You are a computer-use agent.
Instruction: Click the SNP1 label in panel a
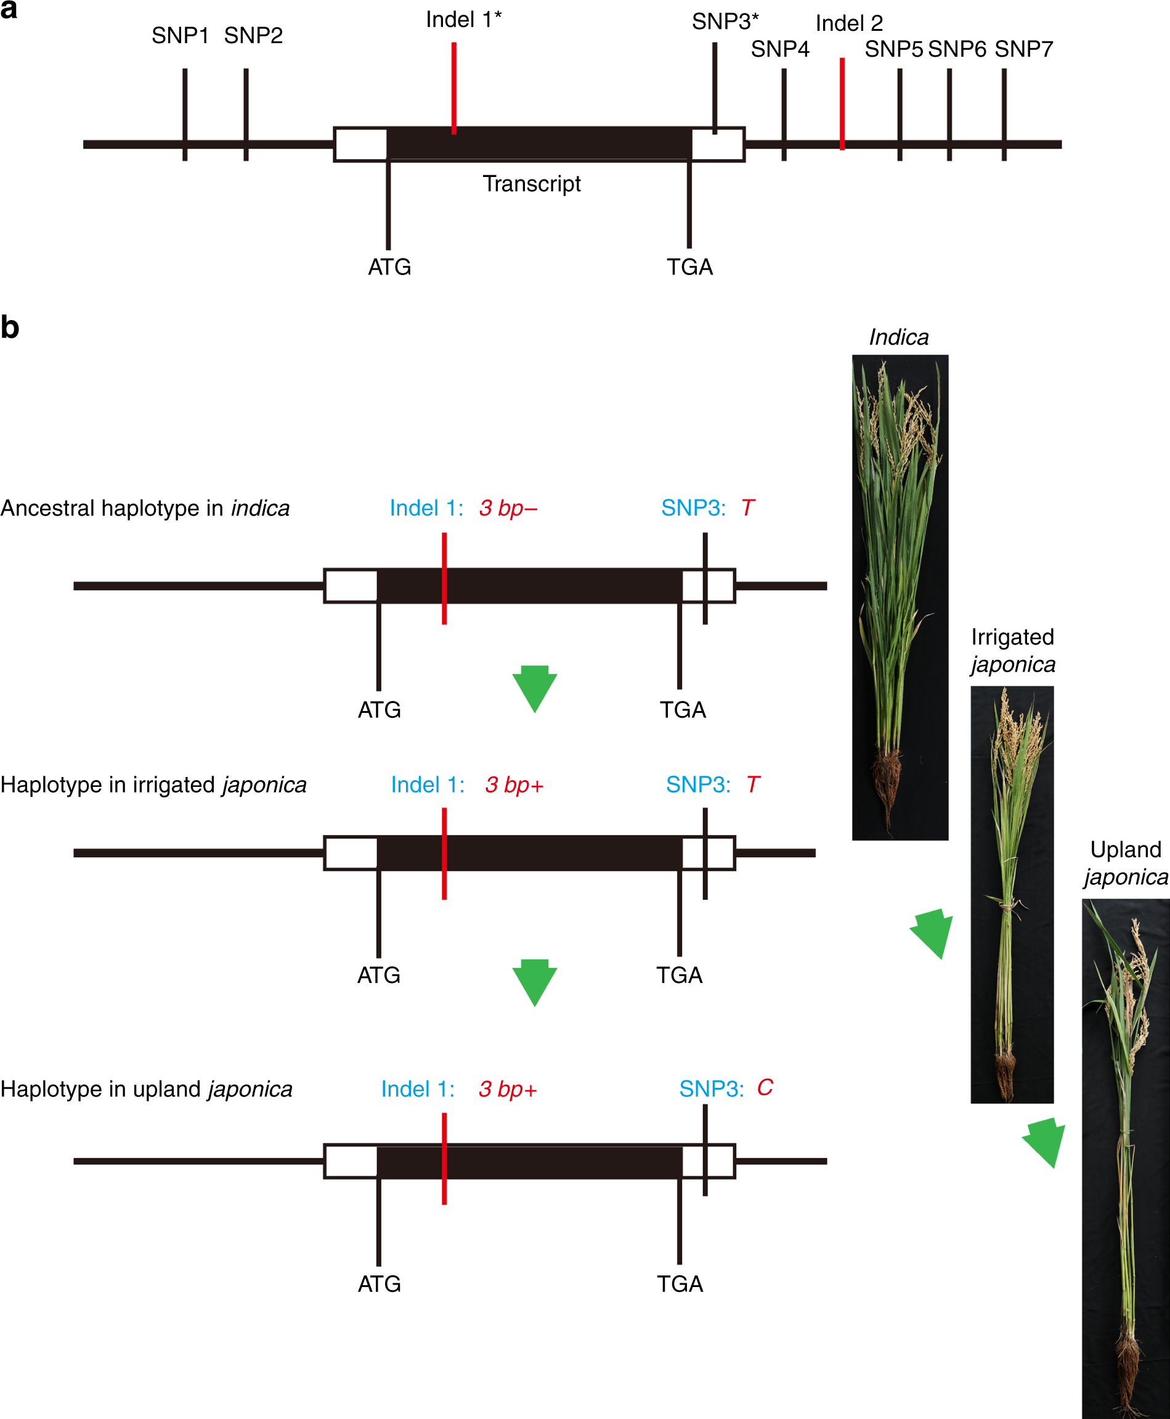[x=179, y=36]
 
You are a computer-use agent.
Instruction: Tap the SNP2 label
[x=253, y=36]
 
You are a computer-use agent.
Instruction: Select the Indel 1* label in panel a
[x=463, y=20]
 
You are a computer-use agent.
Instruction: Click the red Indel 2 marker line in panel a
[x=842, y=105]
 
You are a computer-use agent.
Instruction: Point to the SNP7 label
[x=1023, y=49]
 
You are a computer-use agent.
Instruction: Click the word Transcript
[x=531, y=183]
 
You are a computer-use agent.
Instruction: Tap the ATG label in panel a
[x=389, y=267]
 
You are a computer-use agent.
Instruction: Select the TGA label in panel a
[x=689, y=267]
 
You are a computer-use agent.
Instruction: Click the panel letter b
[x=10, y=328]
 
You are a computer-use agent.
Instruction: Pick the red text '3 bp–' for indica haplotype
[x=508, y=508]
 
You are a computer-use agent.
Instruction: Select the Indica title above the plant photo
[x=898, y=337]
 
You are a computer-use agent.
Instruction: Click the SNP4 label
[x=780, y=49]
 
